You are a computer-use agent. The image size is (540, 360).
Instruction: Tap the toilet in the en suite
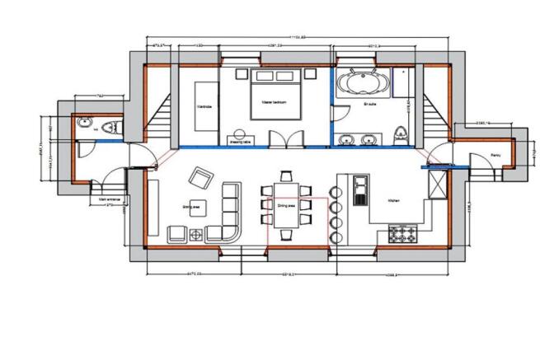coord(401,134)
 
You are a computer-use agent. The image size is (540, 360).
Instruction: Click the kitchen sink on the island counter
coord(360,191)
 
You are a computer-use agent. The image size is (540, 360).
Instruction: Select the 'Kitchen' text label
coord(394,199)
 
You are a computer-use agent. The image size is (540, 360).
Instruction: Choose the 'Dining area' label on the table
coord(286,207)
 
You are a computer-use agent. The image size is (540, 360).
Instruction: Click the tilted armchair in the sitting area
coord(200,177)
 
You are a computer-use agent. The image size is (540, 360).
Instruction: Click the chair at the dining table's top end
coord(286,175)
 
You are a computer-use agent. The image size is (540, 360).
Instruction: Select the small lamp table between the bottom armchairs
coord(196,235)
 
